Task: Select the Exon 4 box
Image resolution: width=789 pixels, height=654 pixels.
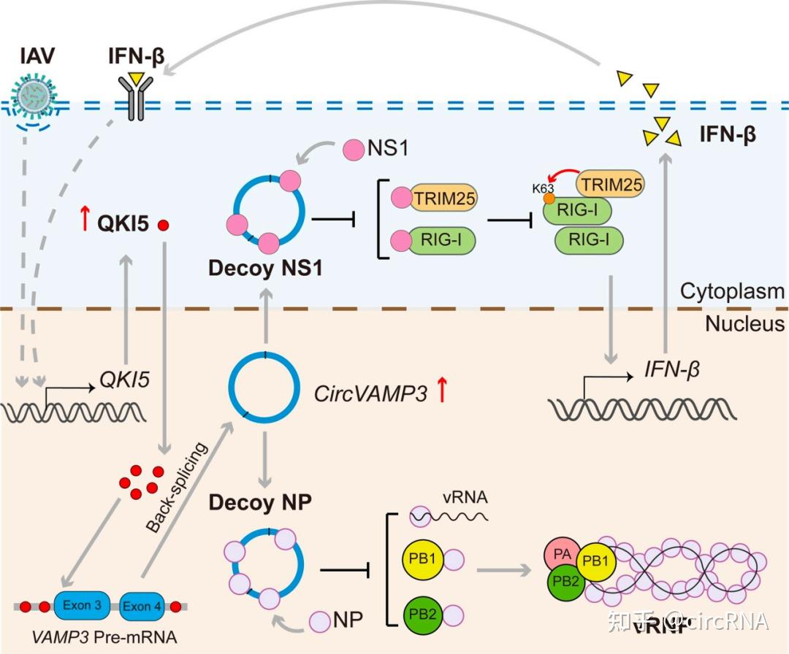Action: [x=142, y=605]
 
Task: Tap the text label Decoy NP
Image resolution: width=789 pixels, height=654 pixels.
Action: [x=259, y=502]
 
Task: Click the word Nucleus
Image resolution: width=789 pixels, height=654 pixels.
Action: [x=744, y=323]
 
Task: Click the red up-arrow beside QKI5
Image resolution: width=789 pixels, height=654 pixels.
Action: [x=85, y=217]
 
